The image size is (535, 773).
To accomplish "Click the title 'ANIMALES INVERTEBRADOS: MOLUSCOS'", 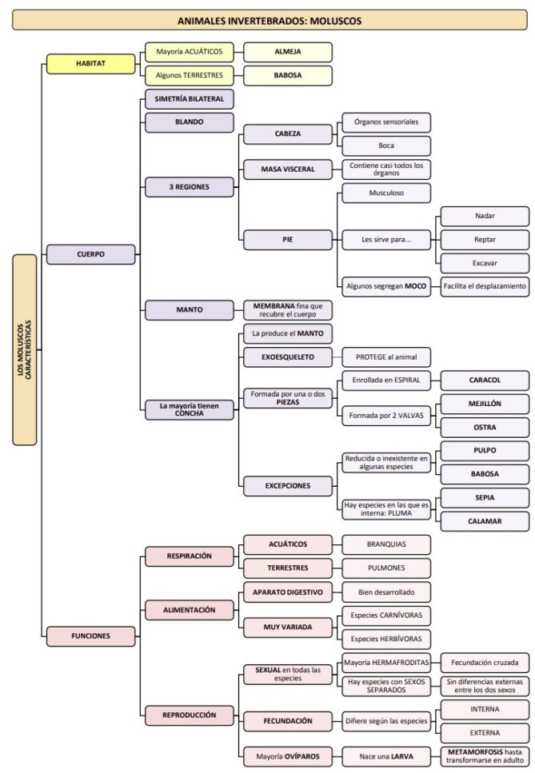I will click(269, 20).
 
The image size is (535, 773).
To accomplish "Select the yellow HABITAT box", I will click(91, 63).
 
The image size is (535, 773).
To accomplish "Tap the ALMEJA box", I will click(287, 53).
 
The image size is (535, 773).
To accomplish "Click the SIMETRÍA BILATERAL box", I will click(189, 99).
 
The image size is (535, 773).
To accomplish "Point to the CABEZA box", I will click(287, 133).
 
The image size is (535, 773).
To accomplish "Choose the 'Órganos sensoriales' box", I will click(386, 122).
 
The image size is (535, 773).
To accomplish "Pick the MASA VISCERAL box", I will click(287, 169).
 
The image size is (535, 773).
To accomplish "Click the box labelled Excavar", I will click(485, 262).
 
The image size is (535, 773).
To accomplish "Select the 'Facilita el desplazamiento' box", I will click(485, 286).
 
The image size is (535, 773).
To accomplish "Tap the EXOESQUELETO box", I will click(287, 357).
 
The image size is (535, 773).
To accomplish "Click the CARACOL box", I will click(485, 380).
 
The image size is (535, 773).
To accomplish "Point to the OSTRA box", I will click(485, 428).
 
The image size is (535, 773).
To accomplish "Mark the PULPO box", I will click(485, 451).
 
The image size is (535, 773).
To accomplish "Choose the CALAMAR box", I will click(485, 521).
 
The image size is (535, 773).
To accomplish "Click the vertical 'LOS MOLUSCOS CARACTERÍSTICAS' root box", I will click(25, 349).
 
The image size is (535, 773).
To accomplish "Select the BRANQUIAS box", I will click(386, 544).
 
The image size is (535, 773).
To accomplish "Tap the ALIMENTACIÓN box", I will click(189, 610).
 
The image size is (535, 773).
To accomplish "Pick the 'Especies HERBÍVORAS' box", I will click(386, 639).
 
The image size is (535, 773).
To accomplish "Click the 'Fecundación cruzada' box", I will click(485, 663).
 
